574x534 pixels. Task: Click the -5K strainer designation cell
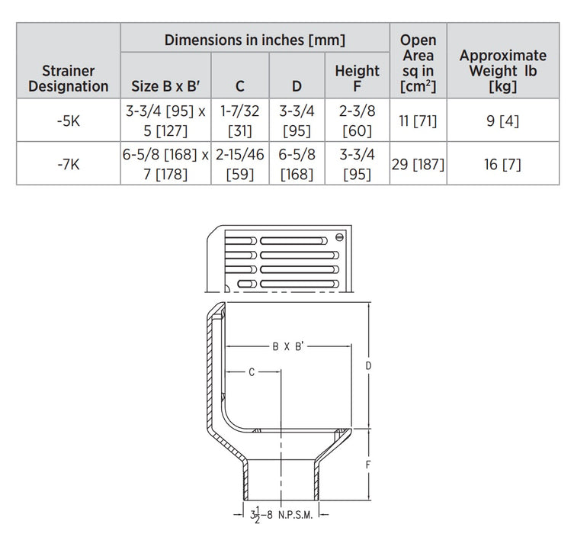(x=69, y=120)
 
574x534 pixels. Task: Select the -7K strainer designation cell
(x=69, y=162)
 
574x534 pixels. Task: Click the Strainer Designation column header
(x=69, y=78)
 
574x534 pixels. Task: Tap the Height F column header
(x=357, y=78)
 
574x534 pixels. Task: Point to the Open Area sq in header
(x=418, y=63)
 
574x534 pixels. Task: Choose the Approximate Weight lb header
(x=503, y=70)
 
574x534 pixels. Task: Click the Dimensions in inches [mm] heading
(x=255, y=39)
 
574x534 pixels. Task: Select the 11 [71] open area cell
(x=418, y=120)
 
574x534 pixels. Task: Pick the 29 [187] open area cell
(x=418, y=162)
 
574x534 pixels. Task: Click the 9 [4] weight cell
(x=503, y=120)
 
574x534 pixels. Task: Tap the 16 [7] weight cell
(x=503, y=162)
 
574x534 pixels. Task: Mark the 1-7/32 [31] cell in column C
(x=240, y=120)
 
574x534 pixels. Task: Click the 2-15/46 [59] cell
(x=240, y=162)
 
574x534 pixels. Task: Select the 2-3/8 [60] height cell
(x=357, y=120)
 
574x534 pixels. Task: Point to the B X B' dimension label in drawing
(x=288, y=346)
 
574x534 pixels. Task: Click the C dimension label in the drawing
(x=251, y=372)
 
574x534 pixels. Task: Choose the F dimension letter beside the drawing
(x=367, y=464)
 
